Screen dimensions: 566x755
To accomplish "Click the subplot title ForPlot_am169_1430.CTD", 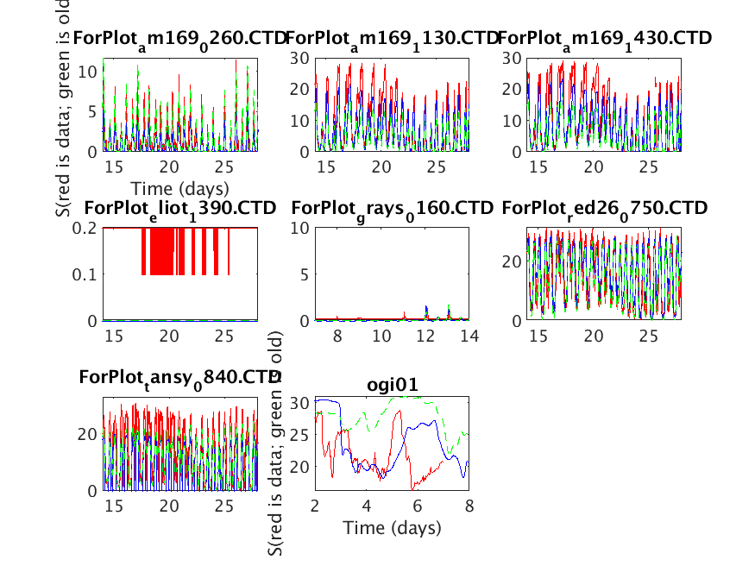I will pyautogui.click(x=604, y=39).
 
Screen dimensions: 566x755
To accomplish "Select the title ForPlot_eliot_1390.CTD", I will pyautogui.click(x=180, y=209).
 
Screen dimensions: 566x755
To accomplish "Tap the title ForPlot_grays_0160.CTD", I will pyautogui.click(x=392, y=209).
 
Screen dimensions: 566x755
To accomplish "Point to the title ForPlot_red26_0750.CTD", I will pyautogui.click(x=604, y=209).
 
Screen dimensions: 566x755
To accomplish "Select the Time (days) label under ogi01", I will pyautogui.click(x=392, y=527).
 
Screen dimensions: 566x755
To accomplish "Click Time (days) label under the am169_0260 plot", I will pyautogui.click(x=179, y=188).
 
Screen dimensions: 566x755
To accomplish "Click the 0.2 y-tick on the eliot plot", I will pyautogui.click(x=86, y=228).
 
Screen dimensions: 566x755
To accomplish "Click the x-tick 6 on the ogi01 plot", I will pyautogui.click(x=418, y=505).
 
